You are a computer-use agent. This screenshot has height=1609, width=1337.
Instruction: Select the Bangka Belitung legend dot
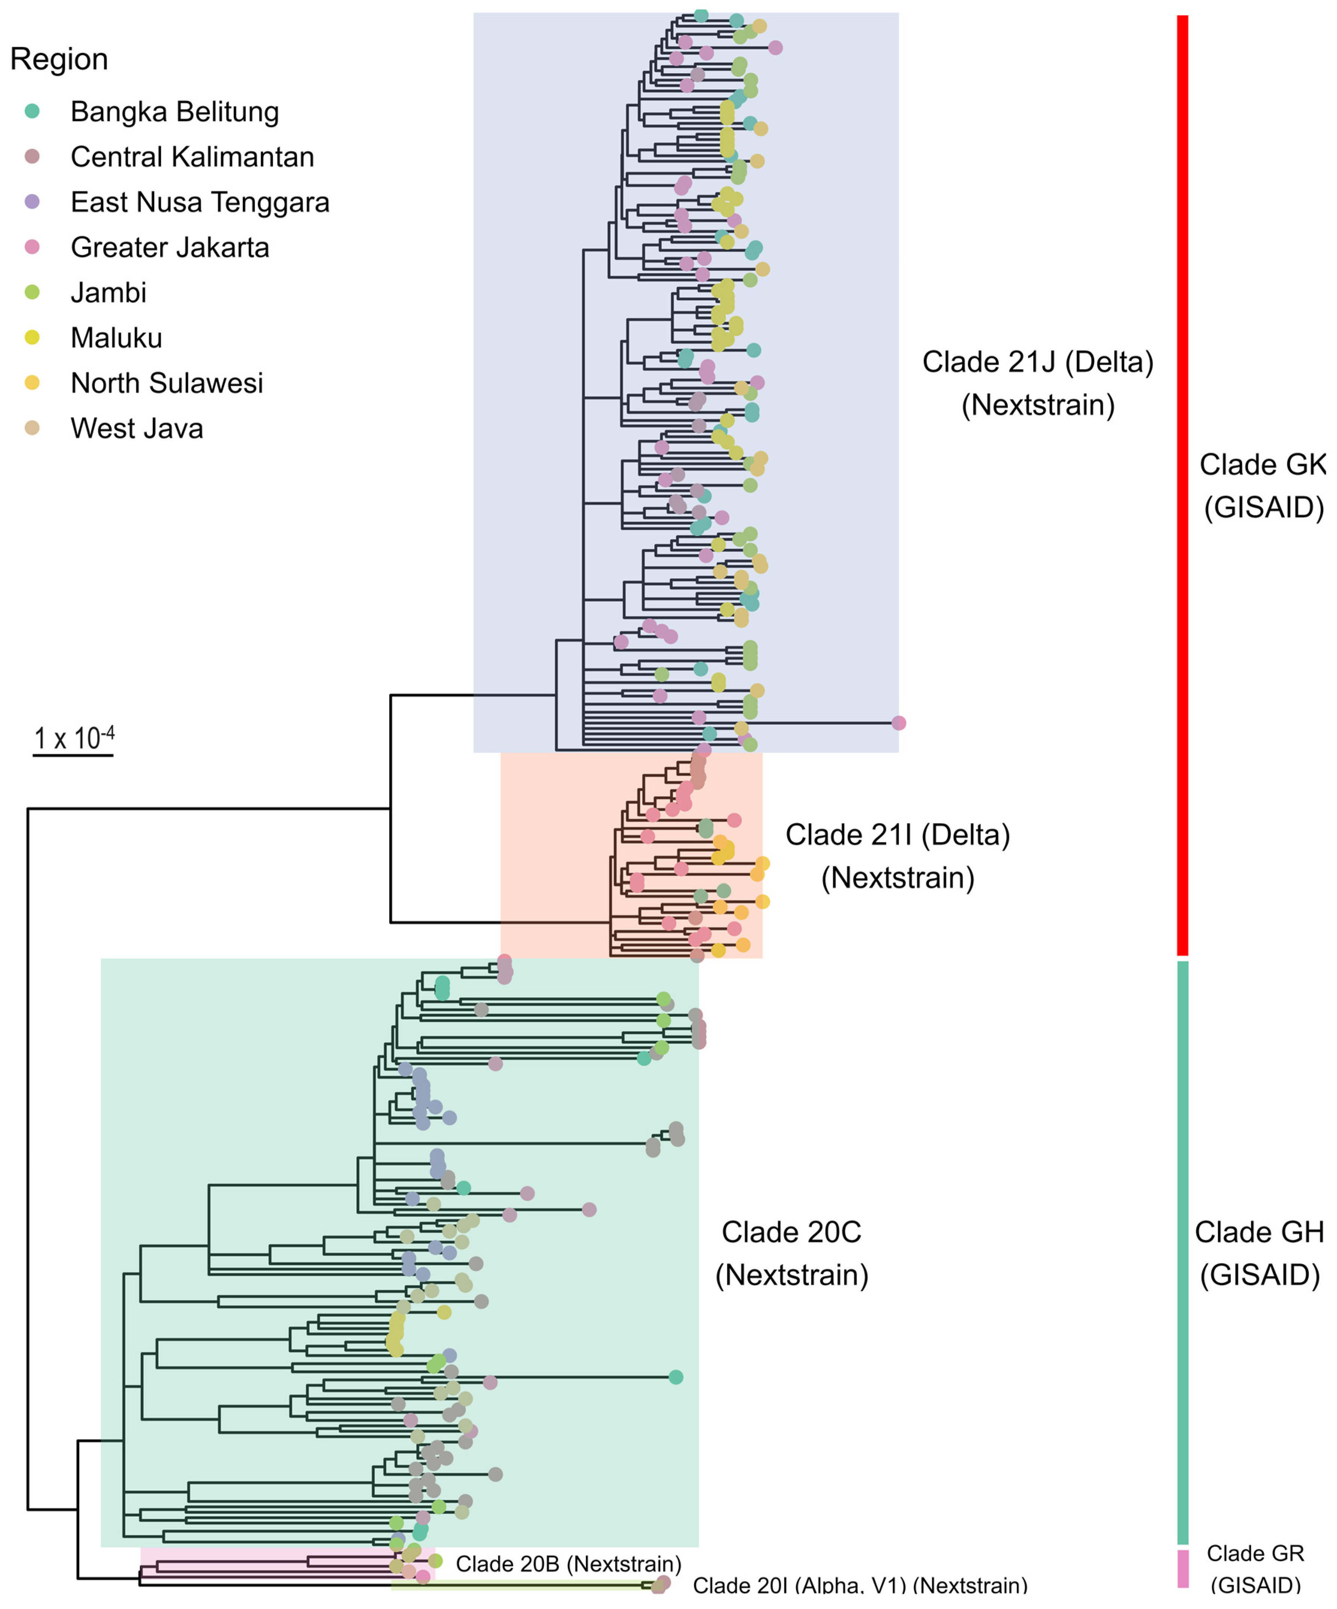32,111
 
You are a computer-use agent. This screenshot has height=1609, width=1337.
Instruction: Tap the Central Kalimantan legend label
192,157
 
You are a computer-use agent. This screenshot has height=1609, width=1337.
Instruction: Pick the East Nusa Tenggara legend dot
32,202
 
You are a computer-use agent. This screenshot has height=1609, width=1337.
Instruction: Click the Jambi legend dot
32,292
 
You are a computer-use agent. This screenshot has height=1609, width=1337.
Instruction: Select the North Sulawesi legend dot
32,382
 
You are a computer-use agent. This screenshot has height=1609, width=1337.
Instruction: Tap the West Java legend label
137,428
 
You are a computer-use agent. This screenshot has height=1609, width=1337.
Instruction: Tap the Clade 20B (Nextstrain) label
568,1564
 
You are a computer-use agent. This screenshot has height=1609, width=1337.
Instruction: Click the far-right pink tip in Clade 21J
899,723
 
